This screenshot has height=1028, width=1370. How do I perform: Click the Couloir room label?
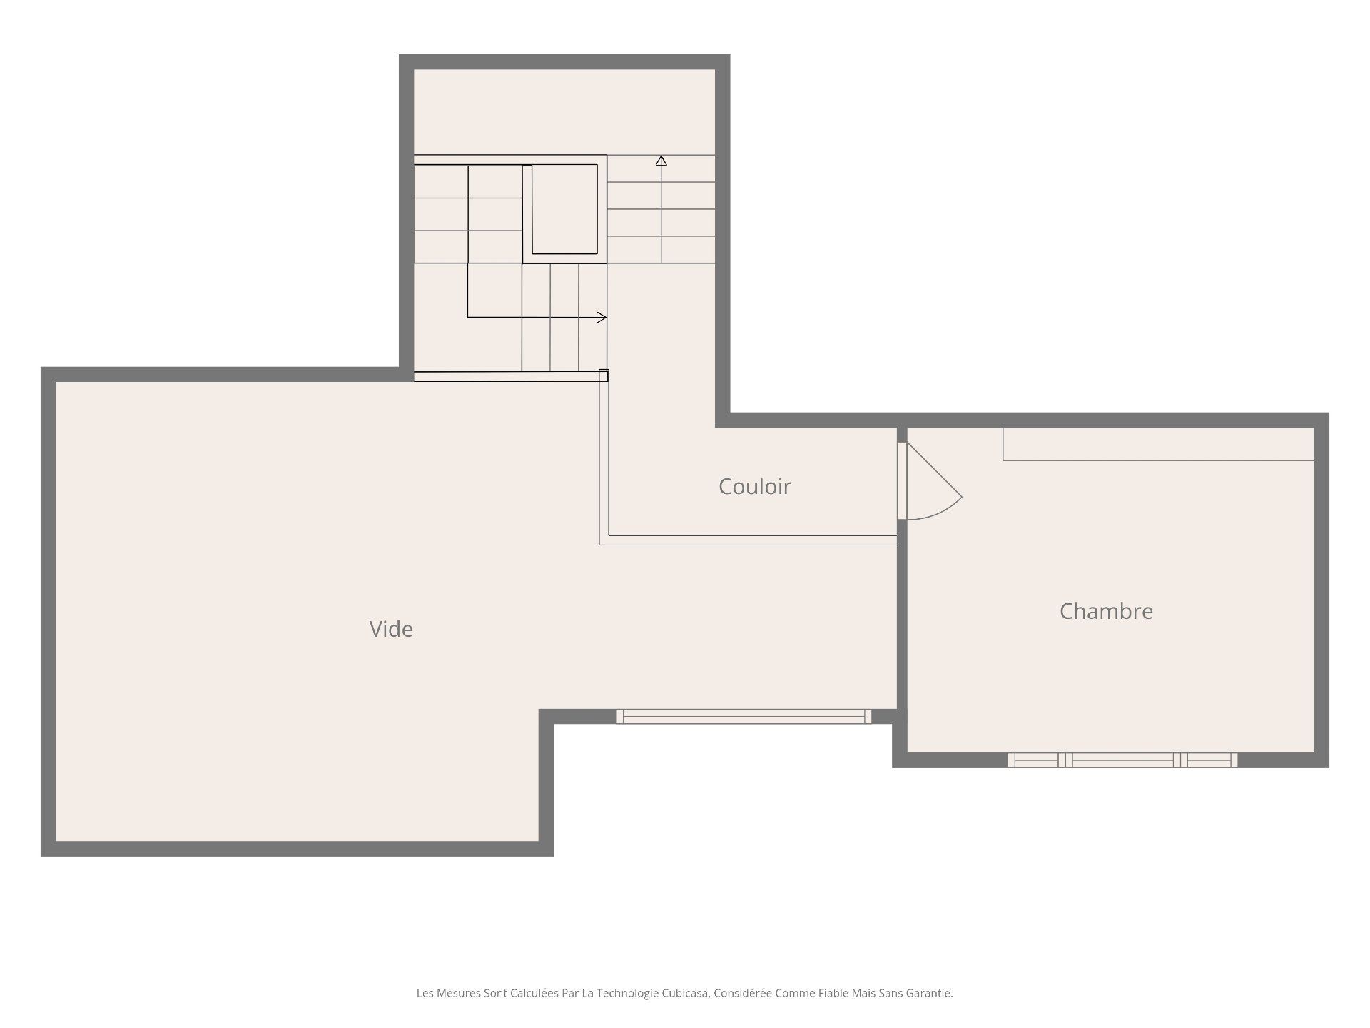pyautogui.click(x=755, y=486)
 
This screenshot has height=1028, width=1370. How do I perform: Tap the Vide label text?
pyautogui.click(x=391, y=629)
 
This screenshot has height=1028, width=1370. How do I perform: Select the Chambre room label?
pyautogui.click(x=1106, y=611)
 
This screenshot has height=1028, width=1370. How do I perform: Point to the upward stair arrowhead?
pyautogui.click(x=661, y=161)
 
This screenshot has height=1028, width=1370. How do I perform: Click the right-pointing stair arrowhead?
pyautogui.click(x=602, y=318)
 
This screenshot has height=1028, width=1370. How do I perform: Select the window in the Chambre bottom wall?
pyautogui.click(x=1122, y=760)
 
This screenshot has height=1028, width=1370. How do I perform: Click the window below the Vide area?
pyautogui.click(x=744, y=716)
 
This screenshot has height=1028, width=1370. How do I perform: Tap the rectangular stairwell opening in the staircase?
pyautogui.click(x=564, y=209)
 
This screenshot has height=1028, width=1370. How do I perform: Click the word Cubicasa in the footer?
pyautogui.click(x=685, y=993)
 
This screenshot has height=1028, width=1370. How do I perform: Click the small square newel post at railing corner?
pyautogui.click(x=604, y=375)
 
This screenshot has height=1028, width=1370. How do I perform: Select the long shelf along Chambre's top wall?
pyautogui.click(x=1158, y=444)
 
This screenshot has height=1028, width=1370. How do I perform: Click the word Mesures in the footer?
pyautogui.click(x=458, y=993)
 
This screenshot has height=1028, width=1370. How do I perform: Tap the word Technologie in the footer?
pyautogui.click(x=628, y=993)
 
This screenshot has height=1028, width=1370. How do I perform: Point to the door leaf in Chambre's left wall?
pyautogui.click(x=902, y=481)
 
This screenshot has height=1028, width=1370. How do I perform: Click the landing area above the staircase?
pyautogui.click(x=564, y=112)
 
